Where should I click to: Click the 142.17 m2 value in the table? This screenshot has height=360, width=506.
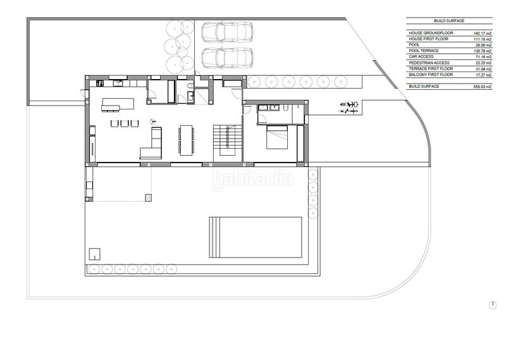483,32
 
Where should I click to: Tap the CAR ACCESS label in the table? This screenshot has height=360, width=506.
422,56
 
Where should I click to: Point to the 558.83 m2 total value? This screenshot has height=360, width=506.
482,85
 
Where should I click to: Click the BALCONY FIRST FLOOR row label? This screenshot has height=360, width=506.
431,74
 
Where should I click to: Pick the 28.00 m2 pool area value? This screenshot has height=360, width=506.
483,44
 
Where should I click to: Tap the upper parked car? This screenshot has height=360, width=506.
226,33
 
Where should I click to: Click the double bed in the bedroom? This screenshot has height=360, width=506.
278,137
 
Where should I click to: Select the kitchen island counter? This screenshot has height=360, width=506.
119,103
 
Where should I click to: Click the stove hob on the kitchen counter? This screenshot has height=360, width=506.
99,83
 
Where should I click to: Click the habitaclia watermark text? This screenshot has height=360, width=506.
252,179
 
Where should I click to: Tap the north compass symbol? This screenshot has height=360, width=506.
493,306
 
